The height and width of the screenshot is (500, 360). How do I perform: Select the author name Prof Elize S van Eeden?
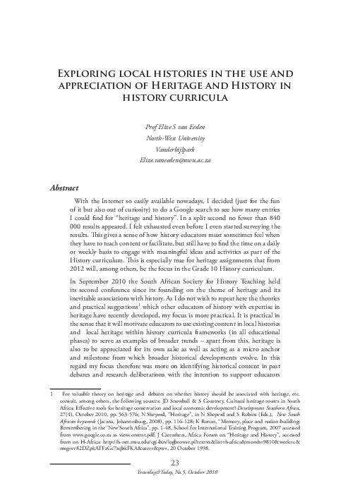[x=179, y=126]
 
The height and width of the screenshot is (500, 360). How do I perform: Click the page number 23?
[x=179, y=462]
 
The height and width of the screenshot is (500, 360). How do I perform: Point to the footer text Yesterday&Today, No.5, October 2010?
[x=179, y=472]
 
